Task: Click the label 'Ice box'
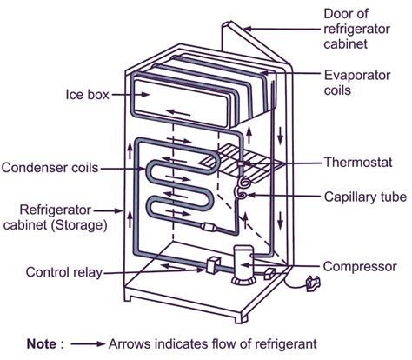pyautogui.click(x=85, y=93)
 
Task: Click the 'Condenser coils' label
pyautogui.click(x=49, y=167)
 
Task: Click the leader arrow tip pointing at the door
pyautogui.click(x=249, y=27)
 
